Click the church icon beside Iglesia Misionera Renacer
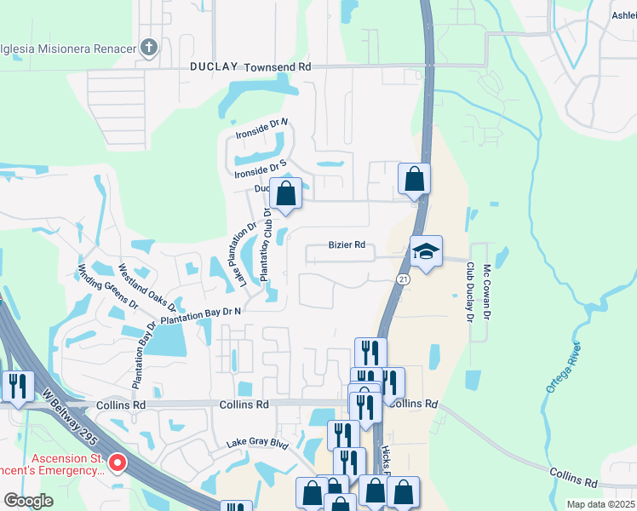[149, 48]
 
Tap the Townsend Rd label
[278, 66]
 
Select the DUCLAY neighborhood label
[215, 66]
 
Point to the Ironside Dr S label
[260, 169]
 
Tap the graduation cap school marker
[426, 251]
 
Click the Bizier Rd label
[347, 245]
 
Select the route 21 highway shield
[403, 279]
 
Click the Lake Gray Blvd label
[257, 445]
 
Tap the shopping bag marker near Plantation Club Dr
[287, 193]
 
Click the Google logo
[29, 501]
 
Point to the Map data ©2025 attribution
[600, 504]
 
